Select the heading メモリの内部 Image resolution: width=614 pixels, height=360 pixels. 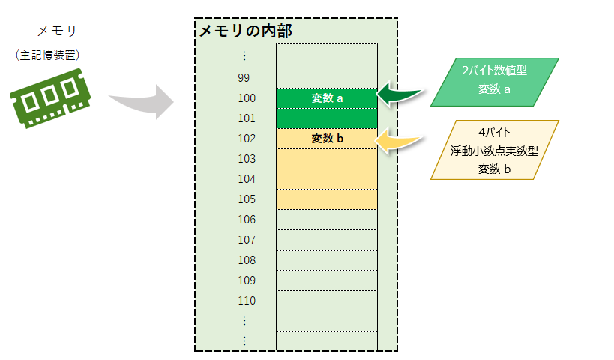coord(244,31)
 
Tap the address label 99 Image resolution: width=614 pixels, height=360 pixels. coord(243,77)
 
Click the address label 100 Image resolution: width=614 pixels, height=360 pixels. coord(246,98)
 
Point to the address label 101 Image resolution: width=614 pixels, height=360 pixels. coord(246,118)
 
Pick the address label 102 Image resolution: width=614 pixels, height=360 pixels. coord(246,139)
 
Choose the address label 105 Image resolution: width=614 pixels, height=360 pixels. coord(246,199)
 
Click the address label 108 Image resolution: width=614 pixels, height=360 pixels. coord(246,260)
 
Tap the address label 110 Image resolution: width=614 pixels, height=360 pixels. coord(246,301)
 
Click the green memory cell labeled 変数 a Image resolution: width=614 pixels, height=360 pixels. coord(327,98)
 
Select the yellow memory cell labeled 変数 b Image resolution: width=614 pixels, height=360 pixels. coord(327,139)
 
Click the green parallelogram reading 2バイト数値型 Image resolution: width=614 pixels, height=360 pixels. coord(495,81)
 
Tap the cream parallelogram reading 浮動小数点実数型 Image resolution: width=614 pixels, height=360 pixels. coord(495,150)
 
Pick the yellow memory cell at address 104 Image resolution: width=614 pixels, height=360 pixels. coord(327,179)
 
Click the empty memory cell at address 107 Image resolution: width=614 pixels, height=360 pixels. coord(327,240)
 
